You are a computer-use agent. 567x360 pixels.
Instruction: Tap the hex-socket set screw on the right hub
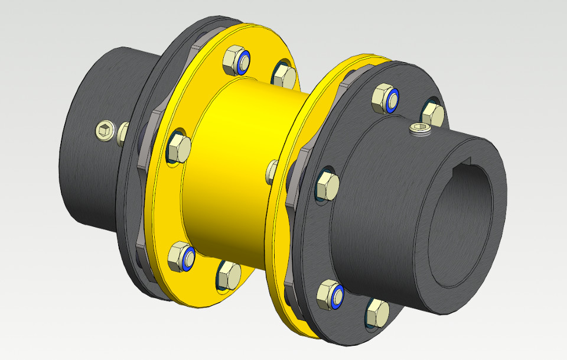tap(420, 129)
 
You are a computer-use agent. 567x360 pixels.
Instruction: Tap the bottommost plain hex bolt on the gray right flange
tap(376, 312)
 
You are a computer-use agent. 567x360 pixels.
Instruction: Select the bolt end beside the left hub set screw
tap(123, 134)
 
